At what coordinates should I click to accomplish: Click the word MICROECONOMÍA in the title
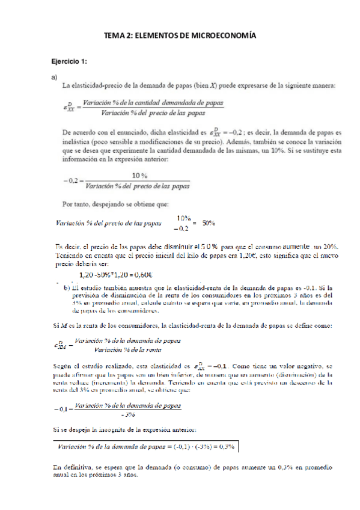(x=222, y=37)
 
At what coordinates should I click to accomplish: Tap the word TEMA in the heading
(x=114, y=37)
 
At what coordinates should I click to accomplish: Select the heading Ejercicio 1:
(x=69, y=62)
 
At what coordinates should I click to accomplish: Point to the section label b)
(x=67, y=287)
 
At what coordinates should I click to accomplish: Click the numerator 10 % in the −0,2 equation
(x=141, y=176)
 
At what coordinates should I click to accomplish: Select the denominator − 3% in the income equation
(x=126, y=414)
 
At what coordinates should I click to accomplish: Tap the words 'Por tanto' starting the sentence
(x=78, y=203)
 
